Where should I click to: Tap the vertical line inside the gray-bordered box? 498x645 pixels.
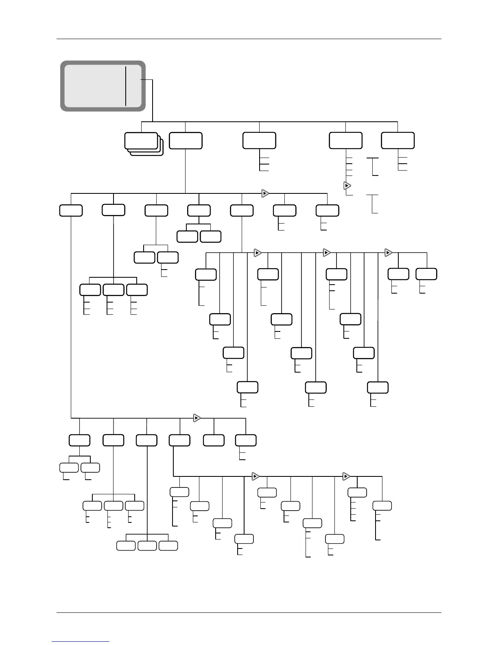coord(126,86)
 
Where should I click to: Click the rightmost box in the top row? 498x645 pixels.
coord(398,140)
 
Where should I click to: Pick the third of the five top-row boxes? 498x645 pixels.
coord(259,140)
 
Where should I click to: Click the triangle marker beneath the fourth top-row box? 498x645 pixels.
coord(347,186)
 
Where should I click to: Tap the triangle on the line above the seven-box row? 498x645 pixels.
coord(265,193)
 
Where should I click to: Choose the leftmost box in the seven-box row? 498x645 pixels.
coord(71,211)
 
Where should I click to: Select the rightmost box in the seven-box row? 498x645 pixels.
coord(328,211)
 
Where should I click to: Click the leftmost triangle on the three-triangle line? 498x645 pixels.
coord(257,253)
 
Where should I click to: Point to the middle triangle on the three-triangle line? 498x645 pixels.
coord(326,253)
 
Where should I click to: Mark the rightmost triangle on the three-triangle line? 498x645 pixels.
coord(389,253)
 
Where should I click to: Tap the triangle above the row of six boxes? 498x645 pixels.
coord(197,418)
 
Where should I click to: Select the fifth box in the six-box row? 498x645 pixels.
coord(214,440)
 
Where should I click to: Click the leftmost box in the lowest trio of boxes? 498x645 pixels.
coord(126,546)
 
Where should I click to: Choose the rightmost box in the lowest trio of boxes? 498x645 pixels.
coord(168,546)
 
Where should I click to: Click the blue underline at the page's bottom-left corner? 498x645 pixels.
coord(81,641)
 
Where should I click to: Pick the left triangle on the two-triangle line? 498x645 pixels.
coord(256,476)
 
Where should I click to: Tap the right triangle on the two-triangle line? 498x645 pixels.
coord(346,476)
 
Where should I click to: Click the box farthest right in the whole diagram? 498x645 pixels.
coord(426,274)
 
